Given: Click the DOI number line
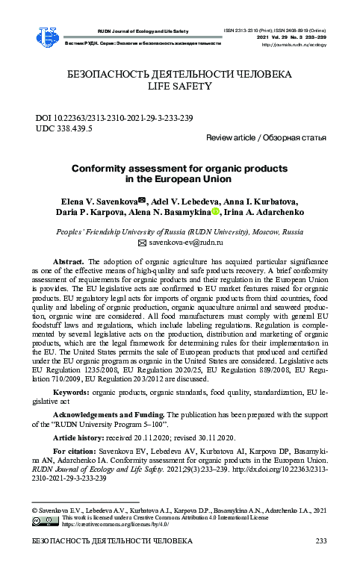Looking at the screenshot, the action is (114, 118).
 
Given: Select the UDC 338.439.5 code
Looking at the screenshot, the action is (64, 128).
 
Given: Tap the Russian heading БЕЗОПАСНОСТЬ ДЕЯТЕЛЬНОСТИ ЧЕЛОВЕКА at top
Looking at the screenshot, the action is (179, 75).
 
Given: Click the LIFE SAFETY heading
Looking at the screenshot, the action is (180, 87).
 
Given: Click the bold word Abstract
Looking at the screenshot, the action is (69, 263).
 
